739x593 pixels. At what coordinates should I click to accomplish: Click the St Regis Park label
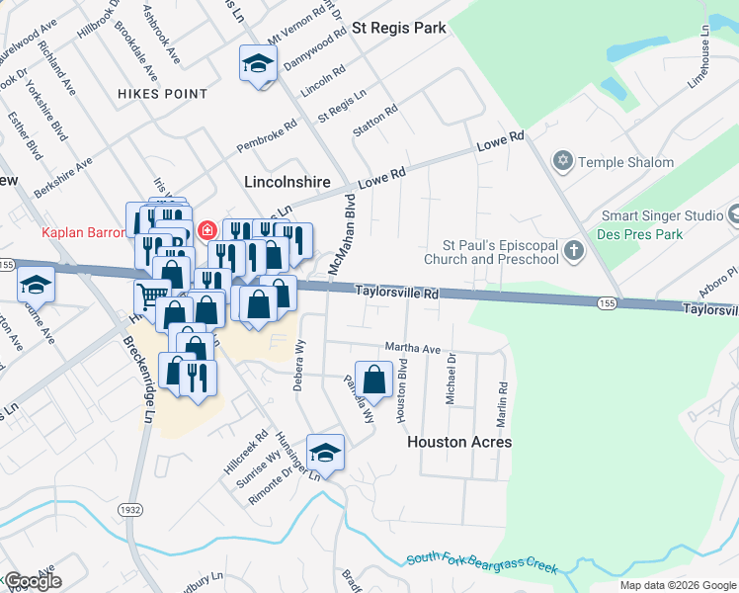[x=401, y=28]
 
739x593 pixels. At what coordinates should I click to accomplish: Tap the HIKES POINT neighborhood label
[x=162, y=94]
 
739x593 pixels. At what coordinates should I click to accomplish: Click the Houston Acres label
[x=459, y=442]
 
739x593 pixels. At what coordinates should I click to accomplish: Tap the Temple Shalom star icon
[x=563, y=162]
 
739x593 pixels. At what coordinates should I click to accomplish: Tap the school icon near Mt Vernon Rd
[x=257, y=64]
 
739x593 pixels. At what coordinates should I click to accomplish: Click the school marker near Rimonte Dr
[x=325, y=452]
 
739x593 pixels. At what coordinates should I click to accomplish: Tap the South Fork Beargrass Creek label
[x=482, y=564]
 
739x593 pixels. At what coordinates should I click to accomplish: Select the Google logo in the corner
[x=33, y=581]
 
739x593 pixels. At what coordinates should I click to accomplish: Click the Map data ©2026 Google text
[x=677, y=585]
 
